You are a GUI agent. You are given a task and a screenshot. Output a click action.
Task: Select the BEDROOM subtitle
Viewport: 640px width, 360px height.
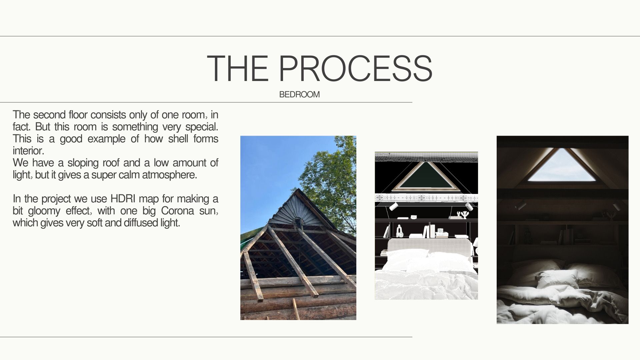point(299,95)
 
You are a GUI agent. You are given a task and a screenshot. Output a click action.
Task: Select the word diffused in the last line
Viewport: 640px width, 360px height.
point(141,223)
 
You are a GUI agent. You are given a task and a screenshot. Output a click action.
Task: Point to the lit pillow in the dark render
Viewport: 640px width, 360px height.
point(557,278)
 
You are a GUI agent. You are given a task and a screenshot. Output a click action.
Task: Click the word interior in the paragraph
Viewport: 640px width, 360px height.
point(28,151)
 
